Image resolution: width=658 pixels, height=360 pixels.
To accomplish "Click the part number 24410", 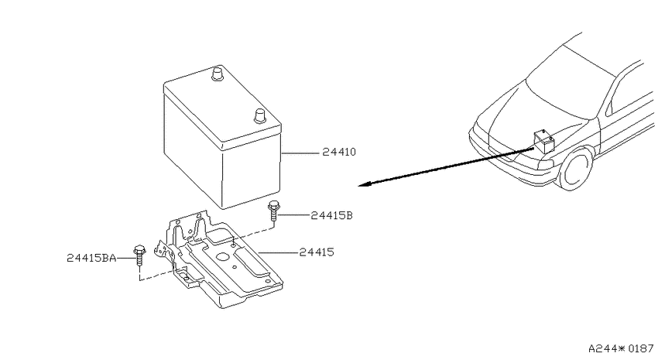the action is (339, 152).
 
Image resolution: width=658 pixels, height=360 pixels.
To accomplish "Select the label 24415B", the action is (331, 216).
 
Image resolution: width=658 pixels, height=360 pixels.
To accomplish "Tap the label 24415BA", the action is (91, 258).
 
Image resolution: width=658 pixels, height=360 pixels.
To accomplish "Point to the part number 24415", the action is (317, 252).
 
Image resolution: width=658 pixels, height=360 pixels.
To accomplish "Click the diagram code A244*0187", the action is (621, 348).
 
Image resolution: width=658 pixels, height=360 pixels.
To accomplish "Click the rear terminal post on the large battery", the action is (218, 74).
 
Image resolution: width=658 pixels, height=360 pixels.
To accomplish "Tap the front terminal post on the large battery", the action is (260, 116).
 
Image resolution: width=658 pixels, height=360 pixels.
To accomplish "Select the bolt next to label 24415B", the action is (273, 212).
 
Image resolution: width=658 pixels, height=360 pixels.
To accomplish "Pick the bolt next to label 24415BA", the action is (139, 255).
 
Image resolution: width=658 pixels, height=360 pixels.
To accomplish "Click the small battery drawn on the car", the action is (544, 142).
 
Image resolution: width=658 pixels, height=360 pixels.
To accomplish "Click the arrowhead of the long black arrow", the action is (363, 183).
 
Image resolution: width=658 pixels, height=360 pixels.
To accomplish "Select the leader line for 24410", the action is (300, 153).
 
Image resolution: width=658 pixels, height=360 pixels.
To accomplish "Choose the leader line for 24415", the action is (277, 252).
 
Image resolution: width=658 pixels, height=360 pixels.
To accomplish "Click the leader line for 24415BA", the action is (125, 259).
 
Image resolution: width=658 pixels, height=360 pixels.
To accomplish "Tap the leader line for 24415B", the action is (293, 215).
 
